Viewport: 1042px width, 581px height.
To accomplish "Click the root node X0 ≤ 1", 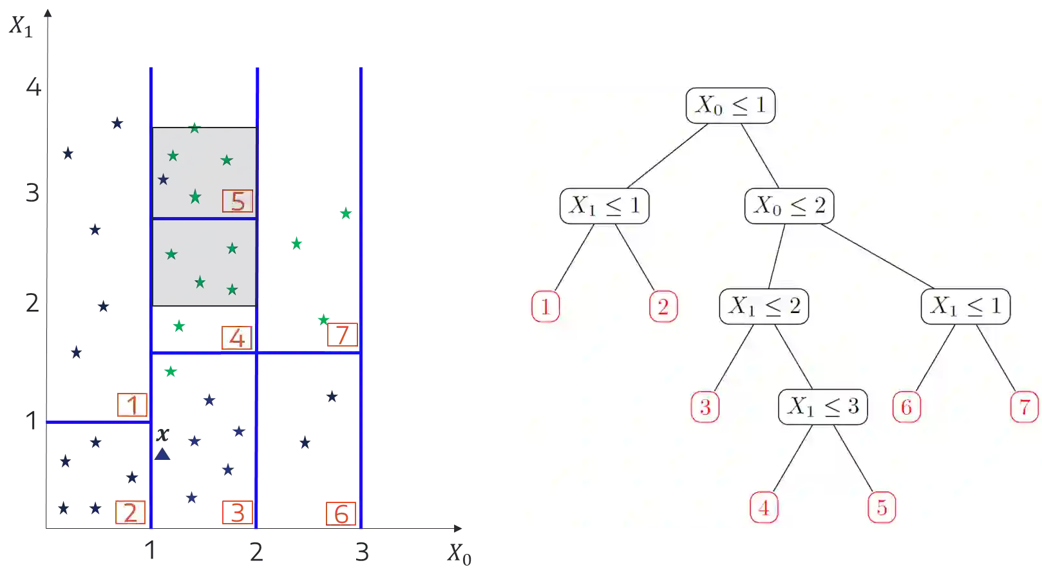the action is tap(730, 105).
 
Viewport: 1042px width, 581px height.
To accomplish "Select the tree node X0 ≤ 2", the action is tap(789, 206).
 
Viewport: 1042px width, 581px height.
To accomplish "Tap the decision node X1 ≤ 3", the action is tap(822, 406).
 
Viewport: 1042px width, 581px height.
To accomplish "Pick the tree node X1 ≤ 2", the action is tap(764, 306).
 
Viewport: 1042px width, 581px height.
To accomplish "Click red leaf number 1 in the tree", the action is tap(545, 307).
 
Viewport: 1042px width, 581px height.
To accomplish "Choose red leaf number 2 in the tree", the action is tap(663, 307).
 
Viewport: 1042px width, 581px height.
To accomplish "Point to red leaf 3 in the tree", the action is tap(705, 407).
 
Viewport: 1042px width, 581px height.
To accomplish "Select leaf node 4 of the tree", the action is tap(764, 508).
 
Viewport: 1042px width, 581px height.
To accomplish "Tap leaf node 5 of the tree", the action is tap(882, 508).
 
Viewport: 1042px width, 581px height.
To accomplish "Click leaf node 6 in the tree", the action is tap(907, 407).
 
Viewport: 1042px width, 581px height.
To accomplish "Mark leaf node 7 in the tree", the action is tap(1024, 407).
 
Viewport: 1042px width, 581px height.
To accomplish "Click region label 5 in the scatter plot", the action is tap(238, 202).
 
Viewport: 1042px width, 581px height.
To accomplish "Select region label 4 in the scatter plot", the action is tap(236, 338).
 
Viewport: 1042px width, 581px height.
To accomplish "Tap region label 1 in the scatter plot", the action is tap(132, 405).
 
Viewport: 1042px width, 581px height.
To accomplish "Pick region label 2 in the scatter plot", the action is tap(130, 513).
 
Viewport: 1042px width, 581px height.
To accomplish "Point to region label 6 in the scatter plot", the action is tap(341, 513).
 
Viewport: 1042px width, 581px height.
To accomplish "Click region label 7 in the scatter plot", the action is tap(342, 335).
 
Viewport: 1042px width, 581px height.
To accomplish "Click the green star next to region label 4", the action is tap(178, 326).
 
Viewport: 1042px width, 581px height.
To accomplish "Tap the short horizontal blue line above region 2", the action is tap(99, 423).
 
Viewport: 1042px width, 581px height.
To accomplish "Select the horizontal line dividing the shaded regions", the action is tap(204, 218).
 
